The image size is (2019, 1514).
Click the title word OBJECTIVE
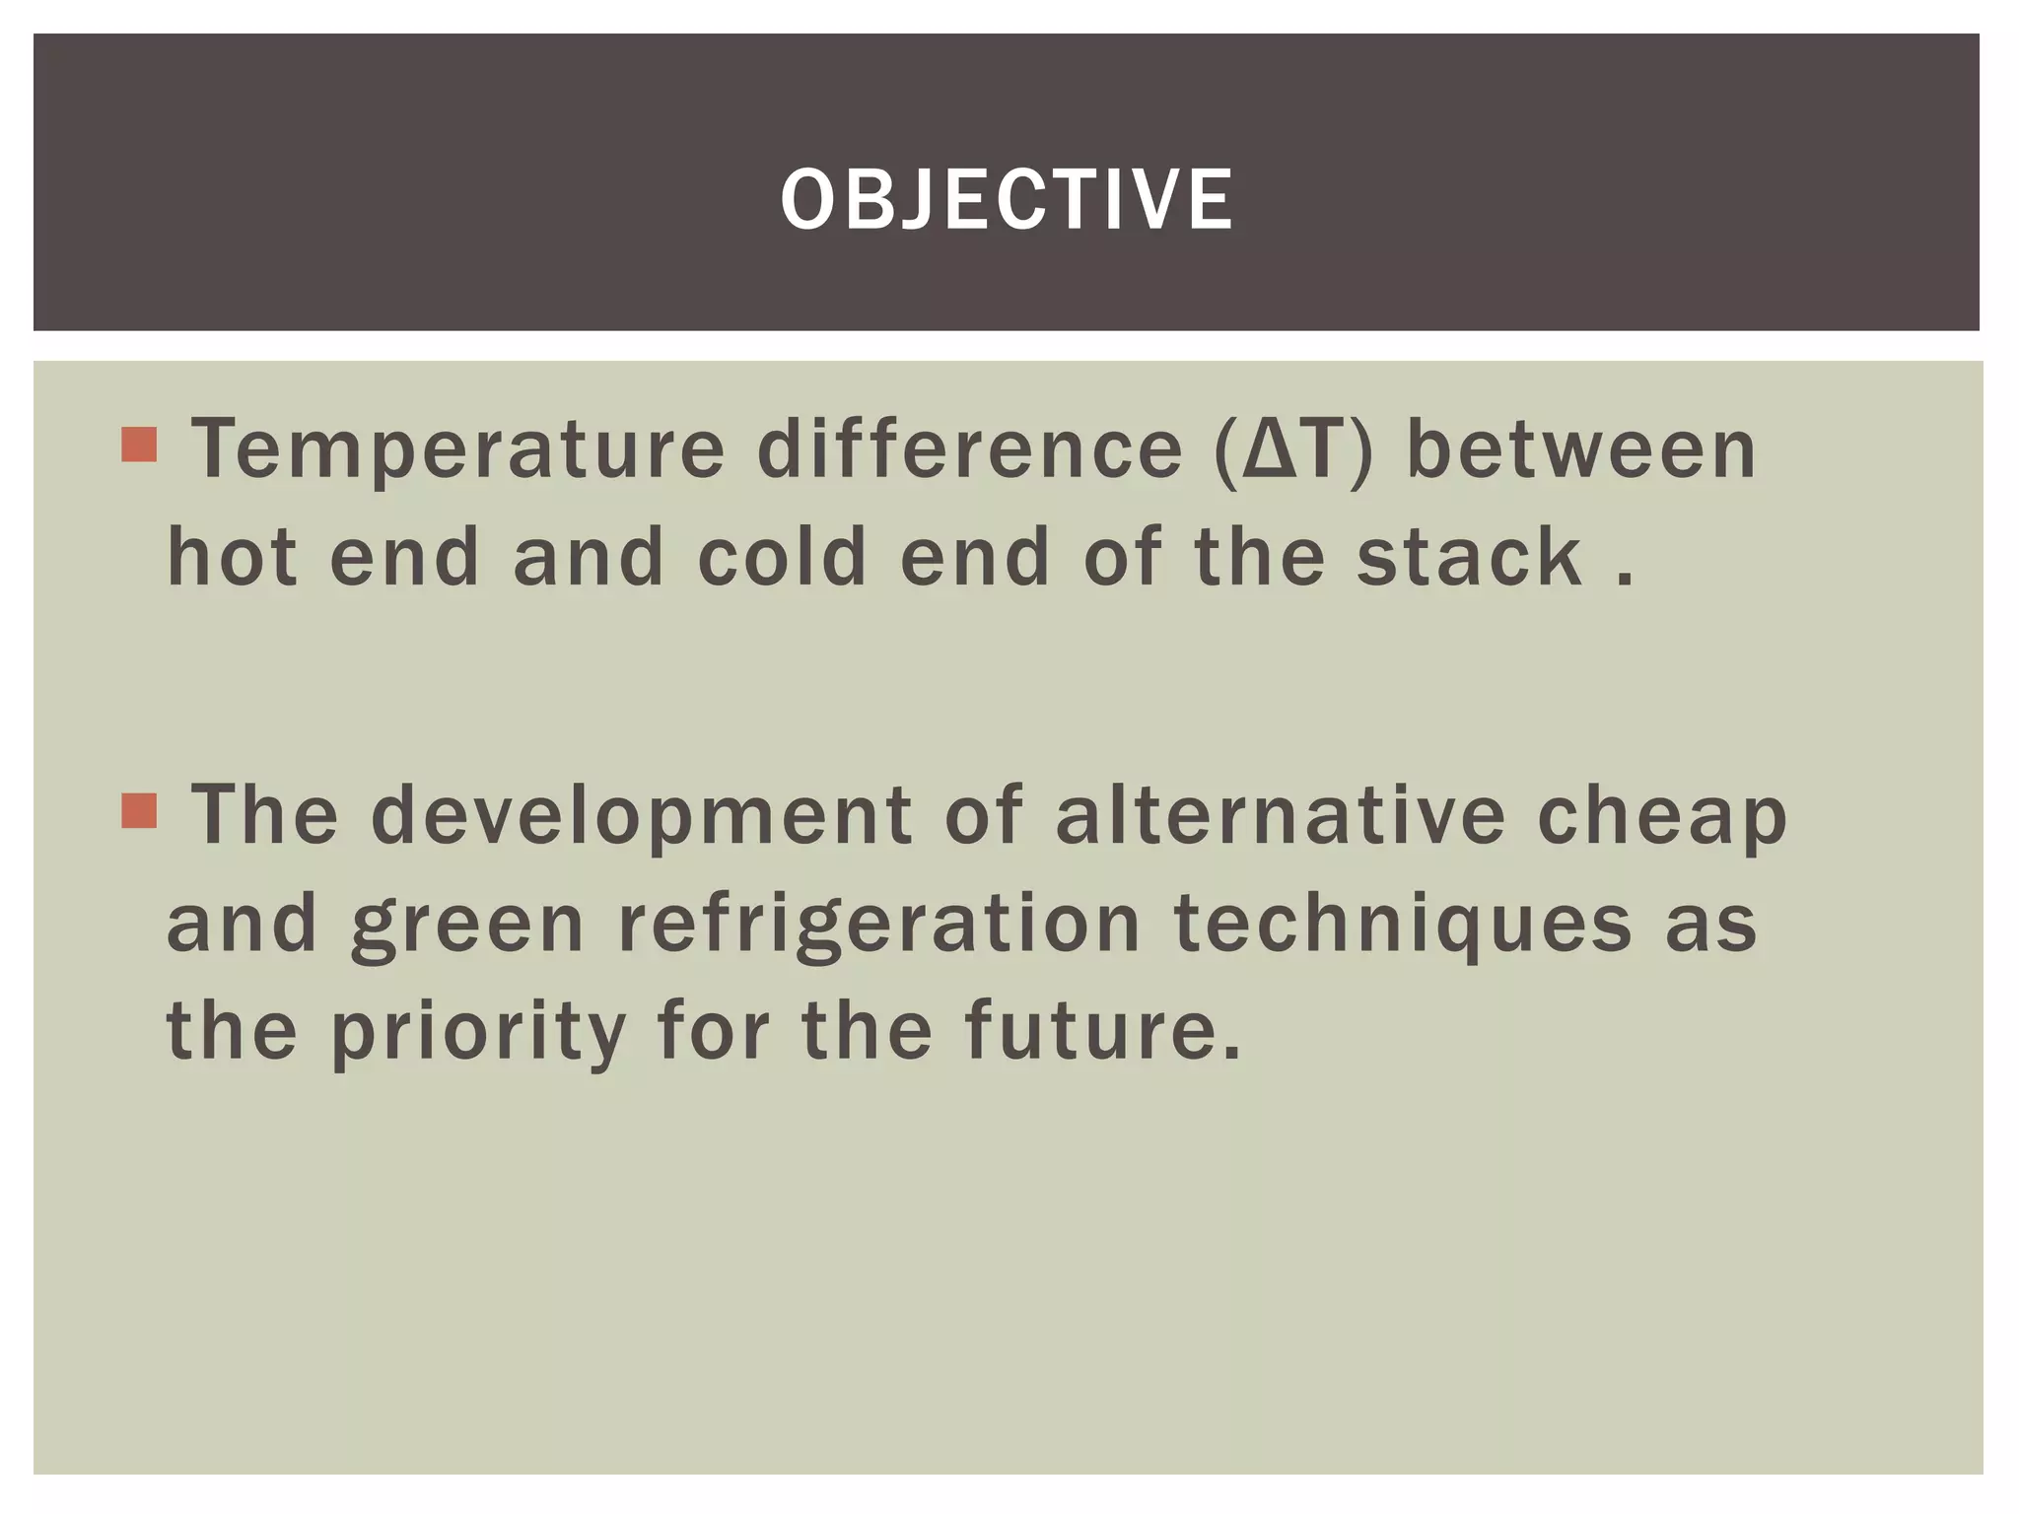point(1007,199)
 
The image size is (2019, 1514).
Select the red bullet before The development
point(139,811)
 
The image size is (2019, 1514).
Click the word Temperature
point(458,450)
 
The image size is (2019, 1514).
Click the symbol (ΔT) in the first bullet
point(1293,450)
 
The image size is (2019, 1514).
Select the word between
point(1581,448)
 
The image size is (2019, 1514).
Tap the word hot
point(233,557)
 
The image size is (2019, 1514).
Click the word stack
point(1469,557)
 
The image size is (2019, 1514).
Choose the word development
point(642,817)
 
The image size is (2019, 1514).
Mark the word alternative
point(1281,815)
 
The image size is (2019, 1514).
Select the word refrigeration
point(879,925)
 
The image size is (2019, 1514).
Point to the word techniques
point(1403,925)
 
